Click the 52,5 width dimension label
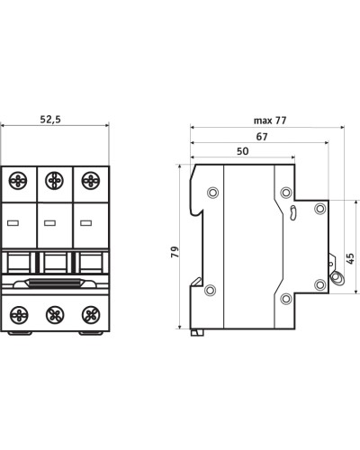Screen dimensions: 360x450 [x=50, y=120]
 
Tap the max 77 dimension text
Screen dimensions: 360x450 [x=270, y=121]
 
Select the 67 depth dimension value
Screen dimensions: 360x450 [x=262, y=137]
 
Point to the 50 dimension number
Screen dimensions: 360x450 [x=242, y=151]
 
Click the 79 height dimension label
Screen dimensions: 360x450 [x=175, y=252]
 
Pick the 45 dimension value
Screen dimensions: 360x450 [x=350, y=258]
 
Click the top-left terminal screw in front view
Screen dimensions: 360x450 [x=18, y=181]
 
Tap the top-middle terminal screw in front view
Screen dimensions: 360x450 [x=54, y=181]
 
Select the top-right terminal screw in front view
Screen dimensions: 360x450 [x=91, y=181]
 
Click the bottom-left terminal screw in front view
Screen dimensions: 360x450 [x=19, y=315]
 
